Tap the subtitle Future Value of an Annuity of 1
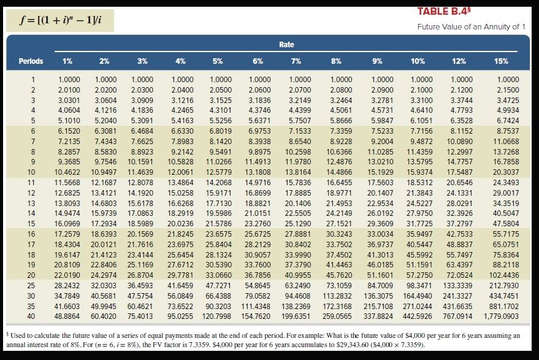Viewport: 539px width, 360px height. (x=471, y=27)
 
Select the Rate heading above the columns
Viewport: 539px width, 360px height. (x=286, y=45)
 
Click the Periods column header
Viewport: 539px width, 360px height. (x=31, y=61)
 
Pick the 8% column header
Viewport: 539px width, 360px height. (x=336, y=61)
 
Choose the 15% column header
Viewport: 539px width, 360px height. (x=502, y=61)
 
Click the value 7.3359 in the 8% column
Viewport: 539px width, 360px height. (x=340, y=131)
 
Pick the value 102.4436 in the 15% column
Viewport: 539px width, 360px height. (x=502, y=275)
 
